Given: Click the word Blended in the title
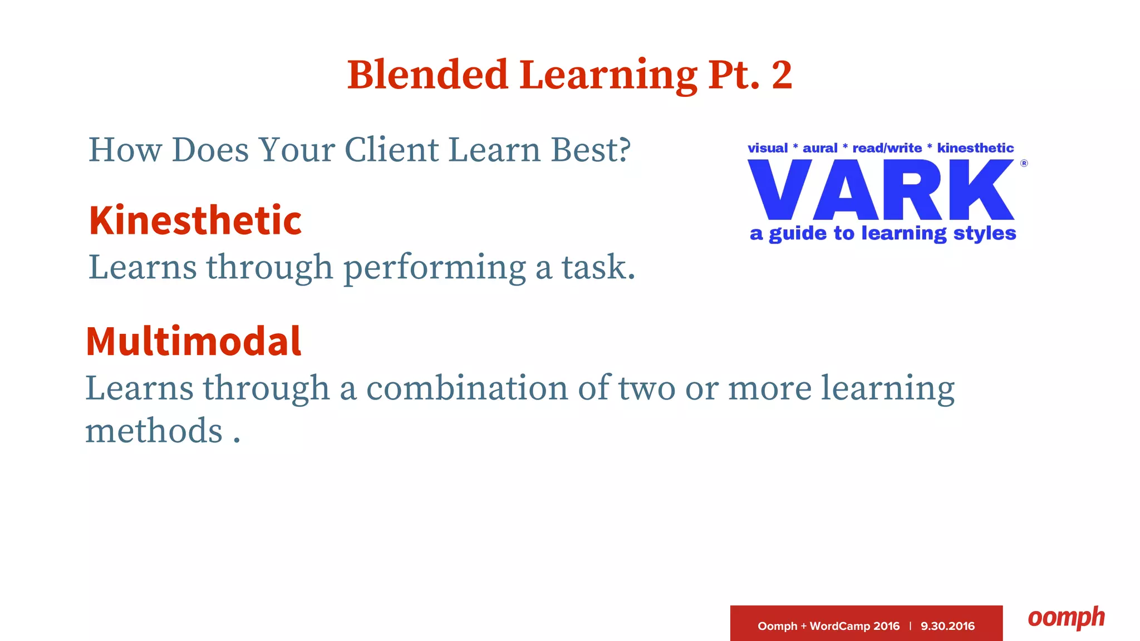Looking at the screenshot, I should (427, 75).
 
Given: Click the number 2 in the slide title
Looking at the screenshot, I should (782, 75).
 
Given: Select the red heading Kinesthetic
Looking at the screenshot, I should (195, 221).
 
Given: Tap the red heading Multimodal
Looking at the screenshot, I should (193, 341).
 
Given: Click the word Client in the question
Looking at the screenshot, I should (391, 150).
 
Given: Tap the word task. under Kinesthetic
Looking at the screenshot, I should (598, 267).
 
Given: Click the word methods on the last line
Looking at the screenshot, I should (154, 431).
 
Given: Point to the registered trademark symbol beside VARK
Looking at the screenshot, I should (1024, 164).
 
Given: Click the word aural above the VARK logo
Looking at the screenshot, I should (819, 148).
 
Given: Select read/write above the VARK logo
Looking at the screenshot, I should (887, 148).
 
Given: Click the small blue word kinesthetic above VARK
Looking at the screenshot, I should (975, 148).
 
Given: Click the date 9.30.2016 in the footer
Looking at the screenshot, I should (947, 626).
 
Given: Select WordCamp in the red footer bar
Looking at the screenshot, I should (840, 626).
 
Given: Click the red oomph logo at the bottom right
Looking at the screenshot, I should (1066, 618).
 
